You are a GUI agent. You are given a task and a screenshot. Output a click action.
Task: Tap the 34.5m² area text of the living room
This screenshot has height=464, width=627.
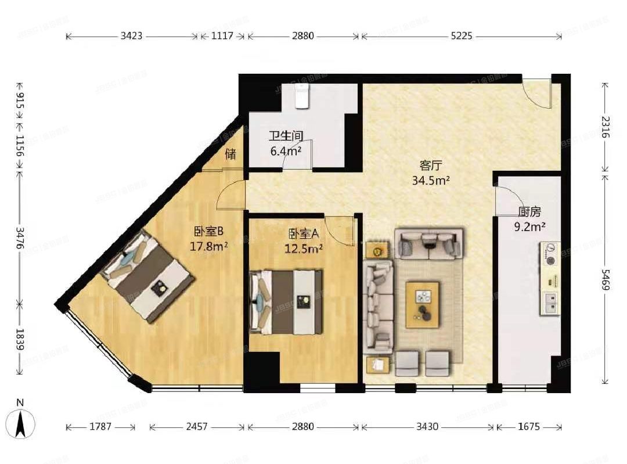tap(431, 180)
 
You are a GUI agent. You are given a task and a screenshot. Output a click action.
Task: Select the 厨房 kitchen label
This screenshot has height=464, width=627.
tap(531, 212)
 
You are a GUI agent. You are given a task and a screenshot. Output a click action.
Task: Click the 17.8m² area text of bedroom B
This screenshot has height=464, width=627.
tap(208, 246)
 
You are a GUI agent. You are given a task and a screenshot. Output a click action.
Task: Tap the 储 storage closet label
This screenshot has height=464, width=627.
tap(230, 154)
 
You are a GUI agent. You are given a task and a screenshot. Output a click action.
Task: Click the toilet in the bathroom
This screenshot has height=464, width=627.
tap(301, 96)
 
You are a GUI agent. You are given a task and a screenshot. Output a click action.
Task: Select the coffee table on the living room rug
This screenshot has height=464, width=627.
tap(422, 304)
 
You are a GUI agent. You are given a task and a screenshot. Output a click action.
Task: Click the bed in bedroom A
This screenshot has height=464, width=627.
tap(286, 302)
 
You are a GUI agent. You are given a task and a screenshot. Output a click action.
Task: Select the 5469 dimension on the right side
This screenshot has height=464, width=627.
tap(606, 279)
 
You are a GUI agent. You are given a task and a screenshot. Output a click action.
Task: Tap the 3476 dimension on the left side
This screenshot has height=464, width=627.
tap(20, 236)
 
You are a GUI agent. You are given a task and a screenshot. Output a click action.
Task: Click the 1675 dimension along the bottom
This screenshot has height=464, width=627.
tap(528, 427)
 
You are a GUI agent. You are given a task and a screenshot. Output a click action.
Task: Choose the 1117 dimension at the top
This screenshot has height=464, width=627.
tap(222, 36)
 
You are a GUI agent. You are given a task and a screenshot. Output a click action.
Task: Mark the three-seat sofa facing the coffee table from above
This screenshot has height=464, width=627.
tap(429, 243)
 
